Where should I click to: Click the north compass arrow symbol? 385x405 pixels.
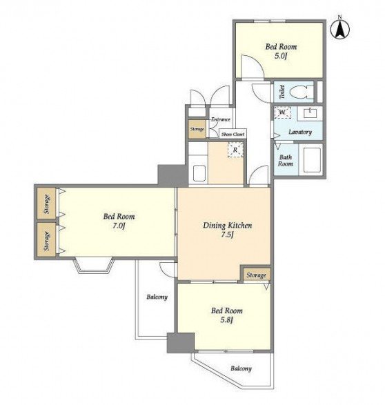coord(340,29)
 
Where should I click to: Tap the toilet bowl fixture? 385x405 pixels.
coord(302,92)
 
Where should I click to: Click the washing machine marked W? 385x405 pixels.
coord(282,112)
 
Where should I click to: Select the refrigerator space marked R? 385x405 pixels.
coord(235,150)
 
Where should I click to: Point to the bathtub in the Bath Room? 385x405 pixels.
coord(312,160)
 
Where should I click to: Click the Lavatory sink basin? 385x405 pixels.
coord(310,113)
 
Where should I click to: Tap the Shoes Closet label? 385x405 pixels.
coord(233,134)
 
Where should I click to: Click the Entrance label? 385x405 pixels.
coord(221,119)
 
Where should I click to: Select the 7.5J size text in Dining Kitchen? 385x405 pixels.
coord(227,235)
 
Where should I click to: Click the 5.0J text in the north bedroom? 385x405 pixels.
coord(281,56)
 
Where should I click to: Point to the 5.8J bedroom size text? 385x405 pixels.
coord(227,320)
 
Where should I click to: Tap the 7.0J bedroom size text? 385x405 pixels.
coord(119,226)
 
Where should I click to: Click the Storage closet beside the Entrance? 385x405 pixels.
coord(197,129)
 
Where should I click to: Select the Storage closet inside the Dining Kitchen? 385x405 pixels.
coord(256,275)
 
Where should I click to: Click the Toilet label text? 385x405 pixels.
coord(282,92)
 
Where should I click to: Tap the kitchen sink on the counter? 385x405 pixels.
coord(199,172)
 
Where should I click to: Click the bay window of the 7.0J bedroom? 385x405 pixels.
coord(94,265)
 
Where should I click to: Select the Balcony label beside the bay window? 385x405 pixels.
coord(157,297)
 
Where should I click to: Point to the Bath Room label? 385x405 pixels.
coord(286,160)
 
